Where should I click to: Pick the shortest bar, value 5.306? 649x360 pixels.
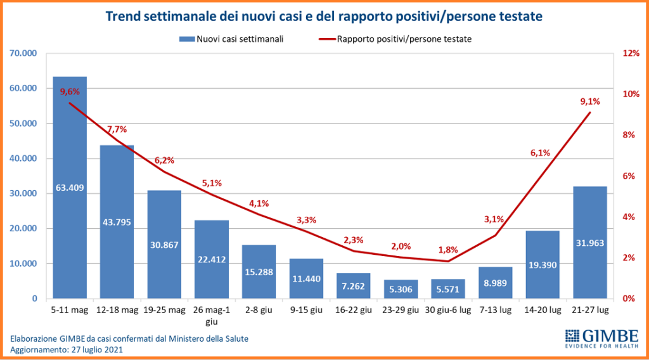click(x=401, y=289)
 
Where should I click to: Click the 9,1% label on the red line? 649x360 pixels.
click(x=590, y=101)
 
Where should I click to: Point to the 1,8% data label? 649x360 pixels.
click(x=448, y=250)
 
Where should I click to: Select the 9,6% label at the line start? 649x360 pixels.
click(x=70, y=93)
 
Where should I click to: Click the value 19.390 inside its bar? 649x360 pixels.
click(x=543, y=265)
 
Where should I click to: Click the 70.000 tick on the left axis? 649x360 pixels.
click(x=24, y=53)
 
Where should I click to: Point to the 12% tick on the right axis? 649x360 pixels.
click(x=631, y=53)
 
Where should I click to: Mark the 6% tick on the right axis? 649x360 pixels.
click(x=629, y=176)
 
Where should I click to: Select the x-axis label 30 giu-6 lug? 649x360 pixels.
click(x=448, y=311)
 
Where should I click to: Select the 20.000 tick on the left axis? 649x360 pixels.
click(x=24, y=229)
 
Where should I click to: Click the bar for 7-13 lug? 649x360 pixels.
click(x=496, y=283)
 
